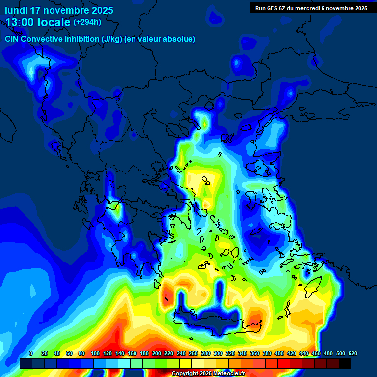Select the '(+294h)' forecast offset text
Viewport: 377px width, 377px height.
(x=88, y=22)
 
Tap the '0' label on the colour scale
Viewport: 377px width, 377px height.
(x=31, y=353)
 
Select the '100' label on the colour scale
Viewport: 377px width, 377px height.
(x=93, y=353)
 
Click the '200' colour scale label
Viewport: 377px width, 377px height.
(x=156, y=353)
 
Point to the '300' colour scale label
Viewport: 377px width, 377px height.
(x=218, y=353)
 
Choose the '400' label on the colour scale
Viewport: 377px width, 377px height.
(x=279, y=353)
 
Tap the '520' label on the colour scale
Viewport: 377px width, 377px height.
(x=352, y=353)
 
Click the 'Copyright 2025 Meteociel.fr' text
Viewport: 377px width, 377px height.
(x=208, y=373)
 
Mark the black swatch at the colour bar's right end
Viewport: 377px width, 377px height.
(x=345, y=363)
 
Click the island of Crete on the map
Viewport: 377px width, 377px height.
(x=216, y=322)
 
